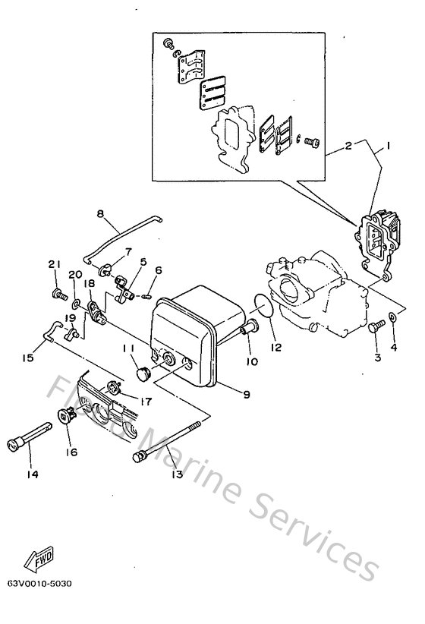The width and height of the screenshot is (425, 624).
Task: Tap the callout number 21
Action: (x=54, y=263)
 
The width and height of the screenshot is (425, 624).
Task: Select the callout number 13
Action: (x=178, y=474)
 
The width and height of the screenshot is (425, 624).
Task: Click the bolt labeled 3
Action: (x=376, y=326)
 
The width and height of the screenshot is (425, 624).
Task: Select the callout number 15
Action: (x=28, y=356)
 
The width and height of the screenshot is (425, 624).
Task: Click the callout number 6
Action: (x=159, y=269)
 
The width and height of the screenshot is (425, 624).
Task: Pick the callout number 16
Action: (x=73, y=451)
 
